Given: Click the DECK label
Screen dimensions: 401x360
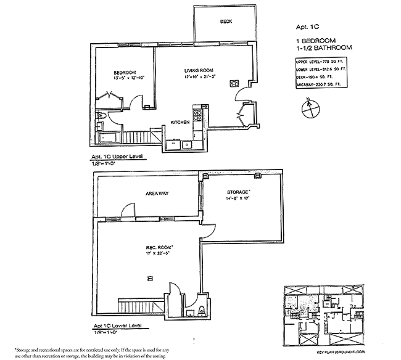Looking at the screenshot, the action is tap(226, 22).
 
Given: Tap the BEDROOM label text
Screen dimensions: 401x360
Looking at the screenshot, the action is tap(116, 72).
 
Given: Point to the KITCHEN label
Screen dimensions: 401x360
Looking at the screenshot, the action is tap(180, 122).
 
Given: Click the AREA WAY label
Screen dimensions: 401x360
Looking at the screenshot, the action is tap(157, 194).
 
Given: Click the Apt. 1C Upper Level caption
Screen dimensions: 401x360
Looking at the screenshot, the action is tap(117, 158).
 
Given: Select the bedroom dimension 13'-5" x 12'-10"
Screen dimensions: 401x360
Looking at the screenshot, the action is tap(115, 78).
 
